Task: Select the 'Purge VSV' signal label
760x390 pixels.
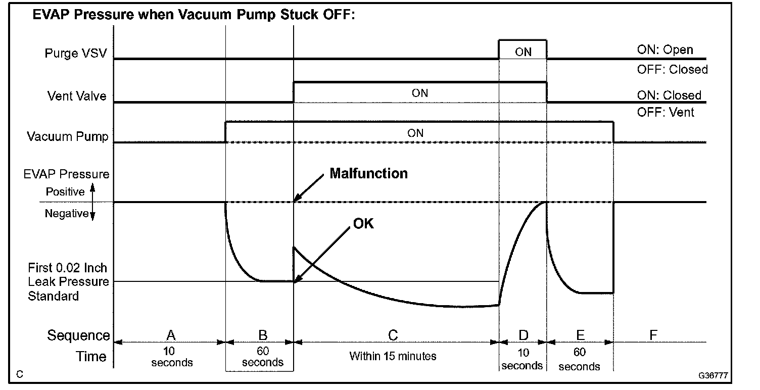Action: coord(76,53)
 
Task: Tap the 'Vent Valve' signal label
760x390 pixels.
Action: coord(77,95)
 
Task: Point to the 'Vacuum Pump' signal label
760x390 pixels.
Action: coord(68,136)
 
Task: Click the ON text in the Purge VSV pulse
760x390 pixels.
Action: coord(523,52)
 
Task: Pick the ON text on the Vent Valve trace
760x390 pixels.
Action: coord(420,93)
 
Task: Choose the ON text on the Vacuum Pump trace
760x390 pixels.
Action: coord(415,133)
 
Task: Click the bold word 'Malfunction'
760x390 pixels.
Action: coord(368,173)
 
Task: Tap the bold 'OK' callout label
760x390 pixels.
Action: coord(363,223)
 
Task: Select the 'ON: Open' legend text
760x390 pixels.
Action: coord(665,50)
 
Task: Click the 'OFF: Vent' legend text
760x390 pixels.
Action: coord(666,112)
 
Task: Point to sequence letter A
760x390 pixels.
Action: coord(171,335)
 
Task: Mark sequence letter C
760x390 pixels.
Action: coord(393,335)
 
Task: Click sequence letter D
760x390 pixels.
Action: coord(523,335)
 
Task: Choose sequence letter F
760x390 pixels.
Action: coord(653,335)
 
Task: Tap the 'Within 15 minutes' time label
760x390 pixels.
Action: coord(393,356)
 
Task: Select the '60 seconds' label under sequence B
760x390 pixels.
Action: coord(263,357)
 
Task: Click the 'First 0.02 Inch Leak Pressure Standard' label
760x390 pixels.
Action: coord(68,282)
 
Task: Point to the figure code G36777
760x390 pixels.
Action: coord(713,376)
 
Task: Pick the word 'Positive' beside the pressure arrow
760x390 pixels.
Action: coord(65,192)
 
